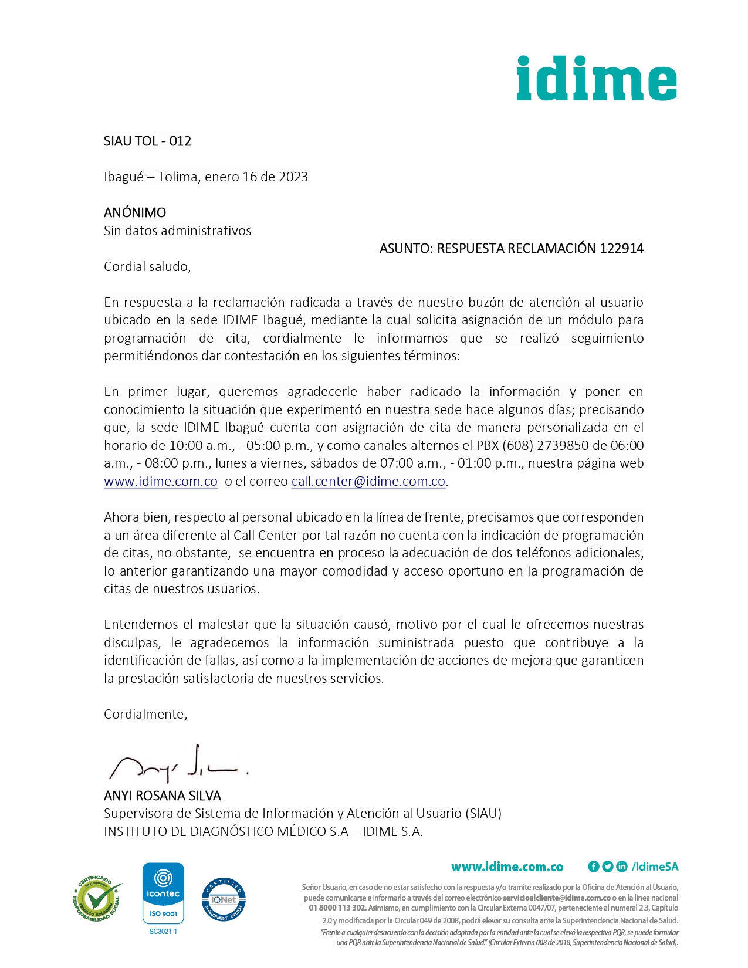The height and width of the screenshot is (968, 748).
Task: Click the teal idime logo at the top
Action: [x=596, y=79]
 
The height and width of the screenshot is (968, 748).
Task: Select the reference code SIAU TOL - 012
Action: [x=147, y=141]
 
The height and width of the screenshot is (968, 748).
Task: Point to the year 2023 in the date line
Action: [x=293, y=177]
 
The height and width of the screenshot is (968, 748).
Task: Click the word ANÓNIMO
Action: [x=135, y=212]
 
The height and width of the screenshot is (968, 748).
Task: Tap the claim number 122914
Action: [x=621, y=249]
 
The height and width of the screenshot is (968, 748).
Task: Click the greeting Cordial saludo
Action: [x=147, y=267]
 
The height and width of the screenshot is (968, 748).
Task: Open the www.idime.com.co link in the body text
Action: [x=161, y=482]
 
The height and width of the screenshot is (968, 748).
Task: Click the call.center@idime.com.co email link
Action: [x=368, y=482]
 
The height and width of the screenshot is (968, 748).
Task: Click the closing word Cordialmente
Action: [x=145, y=715]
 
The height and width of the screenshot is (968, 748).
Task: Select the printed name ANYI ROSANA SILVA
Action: [x=163, y=796]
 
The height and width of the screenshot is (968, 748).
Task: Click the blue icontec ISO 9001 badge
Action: [x=164, y=893]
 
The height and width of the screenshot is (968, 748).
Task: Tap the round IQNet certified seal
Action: [x=224, y=899]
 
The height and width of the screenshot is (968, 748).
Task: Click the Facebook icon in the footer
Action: [x=594, y=867]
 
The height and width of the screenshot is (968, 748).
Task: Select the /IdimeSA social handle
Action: [x=655, y=867]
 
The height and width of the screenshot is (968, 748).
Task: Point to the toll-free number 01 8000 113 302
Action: [x=337, y=908]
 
